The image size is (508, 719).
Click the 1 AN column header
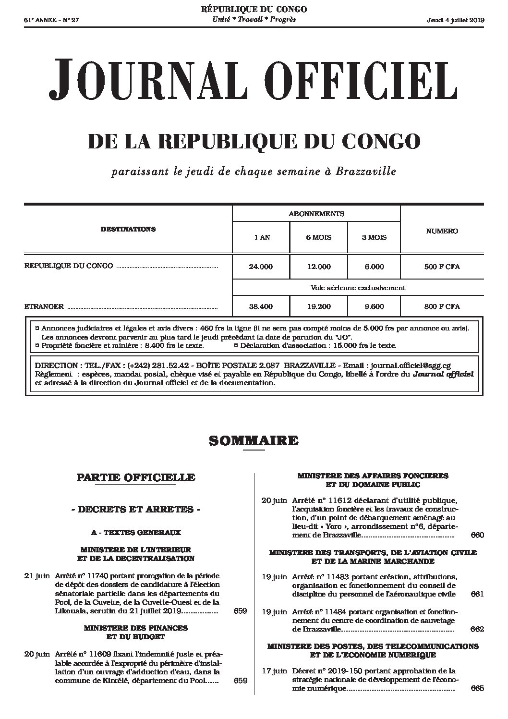coord(262,237)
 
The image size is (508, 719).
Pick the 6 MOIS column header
coord(318,237)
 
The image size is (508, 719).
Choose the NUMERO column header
coord(442,231)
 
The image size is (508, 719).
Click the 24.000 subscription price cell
coord(261,267)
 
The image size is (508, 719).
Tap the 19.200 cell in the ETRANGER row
coord(318,306)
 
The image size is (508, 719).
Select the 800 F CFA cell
coord(442,306)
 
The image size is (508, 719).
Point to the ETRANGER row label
coord(44,306)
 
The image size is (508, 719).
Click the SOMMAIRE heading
coord(254,440)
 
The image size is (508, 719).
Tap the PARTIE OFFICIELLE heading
coord(136,477)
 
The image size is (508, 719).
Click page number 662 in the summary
coord(477,629)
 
